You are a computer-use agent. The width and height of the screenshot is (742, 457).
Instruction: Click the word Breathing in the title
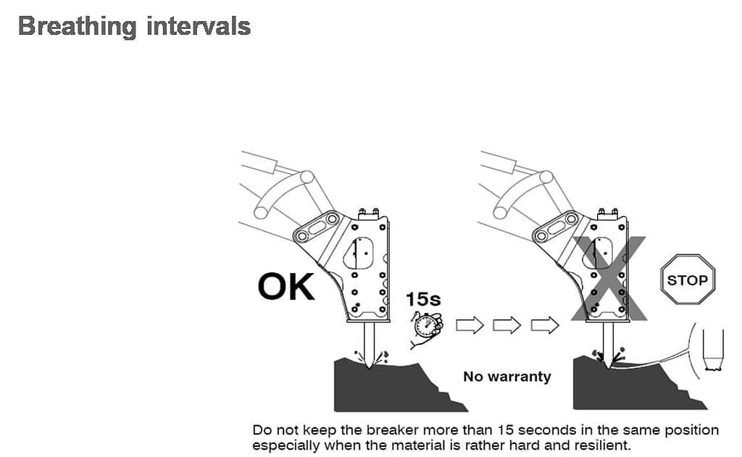pos(77,27)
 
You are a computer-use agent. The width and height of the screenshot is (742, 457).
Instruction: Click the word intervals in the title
pos(199,25)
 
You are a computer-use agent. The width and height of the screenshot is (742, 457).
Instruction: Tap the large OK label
pos(285,287)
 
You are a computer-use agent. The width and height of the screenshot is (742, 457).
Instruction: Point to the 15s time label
pos(423,299)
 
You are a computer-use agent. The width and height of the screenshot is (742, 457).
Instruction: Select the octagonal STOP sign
pos(687,280)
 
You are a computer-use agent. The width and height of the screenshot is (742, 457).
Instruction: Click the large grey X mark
pos(609,279)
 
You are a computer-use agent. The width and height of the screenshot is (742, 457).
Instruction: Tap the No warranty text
pos(507,377)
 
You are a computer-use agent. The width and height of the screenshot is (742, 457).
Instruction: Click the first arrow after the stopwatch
pos(470,325)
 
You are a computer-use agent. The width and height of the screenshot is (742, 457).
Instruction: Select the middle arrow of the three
pos(507,325)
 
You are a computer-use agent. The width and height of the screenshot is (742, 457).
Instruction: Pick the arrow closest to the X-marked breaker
pos(545,325)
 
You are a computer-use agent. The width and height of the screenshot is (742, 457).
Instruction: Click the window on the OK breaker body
pos(359,253)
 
